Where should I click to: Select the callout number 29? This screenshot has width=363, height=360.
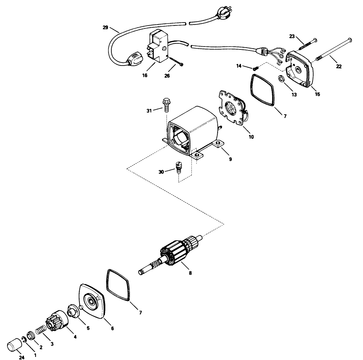(105, 28)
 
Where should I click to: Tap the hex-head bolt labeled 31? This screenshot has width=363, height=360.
(166, 105)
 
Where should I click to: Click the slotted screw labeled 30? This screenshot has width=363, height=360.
(179, 166)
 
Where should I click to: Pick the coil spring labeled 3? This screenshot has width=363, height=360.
(40, 331)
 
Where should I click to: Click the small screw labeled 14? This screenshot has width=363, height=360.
(255, 68)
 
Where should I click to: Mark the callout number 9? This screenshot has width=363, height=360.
(230, 159)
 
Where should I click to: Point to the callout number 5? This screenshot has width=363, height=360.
(88, 328)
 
